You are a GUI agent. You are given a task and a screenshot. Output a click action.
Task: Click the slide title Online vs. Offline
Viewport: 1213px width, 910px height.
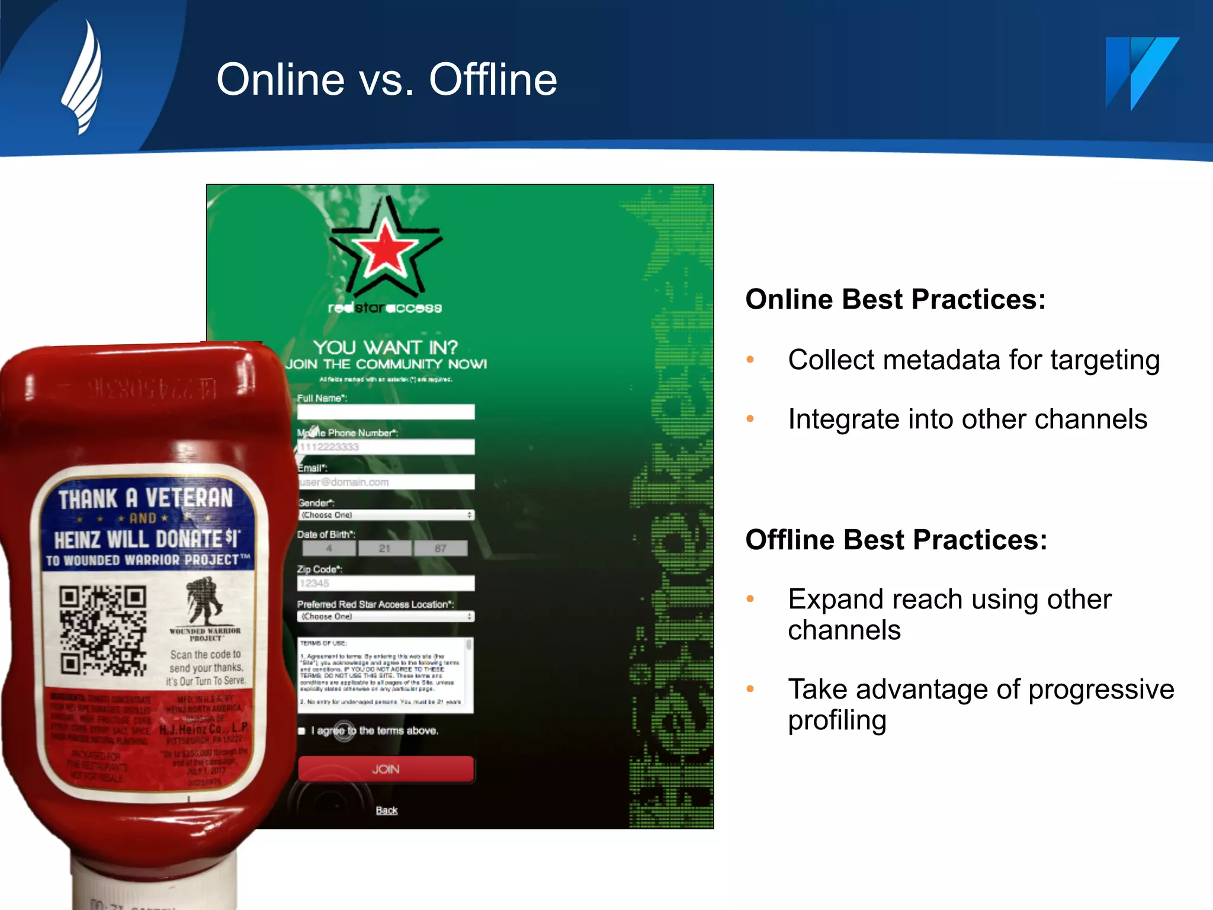tap(386, 79)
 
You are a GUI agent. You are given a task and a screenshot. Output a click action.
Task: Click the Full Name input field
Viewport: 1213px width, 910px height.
tap(386, 412)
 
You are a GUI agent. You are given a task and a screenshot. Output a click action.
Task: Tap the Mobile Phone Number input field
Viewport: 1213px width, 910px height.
tap(386, 447)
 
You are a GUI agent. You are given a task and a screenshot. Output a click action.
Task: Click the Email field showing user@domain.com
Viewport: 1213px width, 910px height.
tap(386, 482)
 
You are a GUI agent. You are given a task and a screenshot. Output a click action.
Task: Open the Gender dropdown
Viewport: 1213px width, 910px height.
tap(386, 515)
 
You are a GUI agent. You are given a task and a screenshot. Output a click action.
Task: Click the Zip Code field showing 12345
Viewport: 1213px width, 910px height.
tap(386, 583)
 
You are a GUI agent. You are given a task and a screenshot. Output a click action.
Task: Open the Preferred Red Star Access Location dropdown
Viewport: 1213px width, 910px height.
tap(386, 616)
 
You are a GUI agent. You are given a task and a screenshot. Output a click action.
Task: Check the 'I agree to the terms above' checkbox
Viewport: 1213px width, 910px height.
tap(301, 731)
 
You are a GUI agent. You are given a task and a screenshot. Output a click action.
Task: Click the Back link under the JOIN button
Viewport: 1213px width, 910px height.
tap(386, 810)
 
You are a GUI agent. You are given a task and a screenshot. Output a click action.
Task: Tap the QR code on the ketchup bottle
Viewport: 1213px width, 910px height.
tap(103, 630)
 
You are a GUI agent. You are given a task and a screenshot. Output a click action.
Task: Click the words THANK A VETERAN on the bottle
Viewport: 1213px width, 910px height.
tap(146, 498)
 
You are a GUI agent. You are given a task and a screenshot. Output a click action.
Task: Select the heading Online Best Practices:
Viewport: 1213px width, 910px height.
tap(895, 299)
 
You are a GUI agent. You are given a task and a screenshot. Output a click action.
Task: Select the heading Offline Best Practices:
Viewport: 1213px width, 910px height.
tap(896, 540)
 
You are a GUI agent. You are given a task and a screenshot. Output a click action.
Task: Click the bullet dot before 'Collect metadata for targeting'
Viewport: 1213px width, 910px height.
tap(750, 360)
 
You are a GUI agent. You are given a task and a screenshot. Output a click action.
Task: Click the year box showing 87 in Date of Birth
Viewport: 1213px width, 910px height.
tap(440, 549)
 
